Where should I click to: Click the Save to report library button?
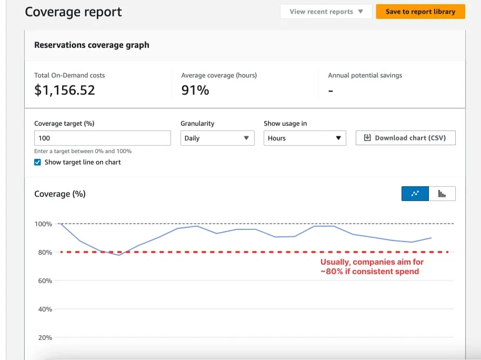[x=420, y=12]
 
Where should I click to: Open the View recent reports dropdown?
[x=326, y=12]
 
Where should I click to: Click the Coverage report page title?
[x=73, y=12]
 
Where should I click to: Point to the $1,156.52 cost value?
[x=65, y=90]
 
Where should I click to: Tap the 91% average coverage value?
[x=195, y=90]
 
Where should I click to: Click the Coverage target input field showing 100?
[x=102, y=138]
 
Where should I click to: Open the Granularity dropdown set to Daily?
[x=217, y=138]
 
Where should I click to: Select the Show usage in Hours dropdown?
[x=305, y=138]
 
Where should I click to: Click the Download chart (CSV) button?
[x=405, y=138]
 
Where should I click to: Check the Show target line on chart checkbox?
[x=37, y=162]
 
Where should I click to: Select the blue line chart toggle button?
[x=415, y=194]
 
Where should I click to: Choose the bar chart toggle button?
[x=442, y=194]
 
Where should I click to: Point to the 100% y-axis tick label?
[x=43, y=224]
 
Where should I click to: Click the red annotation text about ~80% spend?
[x=372, y=266]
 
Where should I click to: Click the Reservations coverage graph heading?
[x=92, y=45]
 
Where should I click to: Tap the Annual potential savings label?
[x=365, y=75]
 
